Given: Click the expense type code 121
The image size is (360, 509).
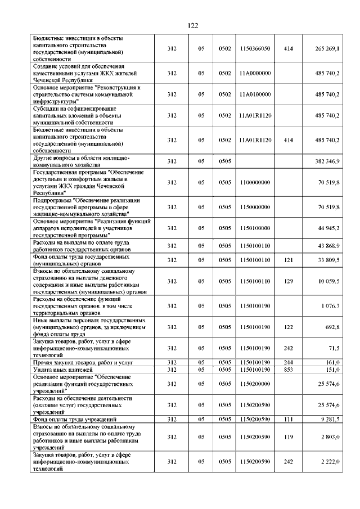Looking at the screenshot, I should point(289,260).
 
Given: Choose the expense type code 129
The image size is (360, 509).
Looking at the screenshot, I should point(289,281).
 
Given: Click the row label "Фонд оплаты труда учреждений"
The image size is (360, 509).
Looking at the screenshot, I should point(75,420).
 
